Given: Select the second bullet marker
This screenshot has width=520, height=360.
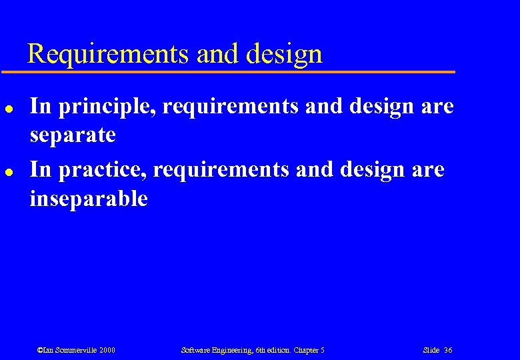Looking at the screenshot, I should [7, 171].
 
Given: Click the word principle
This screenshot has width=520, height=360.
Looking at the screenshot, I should [107, 107].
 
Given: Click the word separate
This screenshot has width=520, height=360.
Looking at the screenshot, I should [73, 135].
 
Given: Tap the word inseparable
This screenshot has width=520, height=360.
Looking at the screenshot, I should [89, 199].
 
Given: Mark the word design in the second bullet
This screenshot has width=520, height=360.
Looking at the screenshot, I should [370, 170].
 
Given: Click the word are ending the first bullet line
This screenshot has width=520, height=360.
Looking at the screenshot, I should [436, 107].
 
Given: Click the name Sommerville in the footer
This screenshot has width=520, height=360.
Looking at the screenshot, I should [73, 350].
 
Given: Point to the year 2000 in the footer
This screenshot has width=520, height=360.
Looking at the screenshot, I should [107, 350].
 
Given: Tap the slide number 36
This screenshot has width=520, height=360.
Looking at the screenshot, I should [448, 350].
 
